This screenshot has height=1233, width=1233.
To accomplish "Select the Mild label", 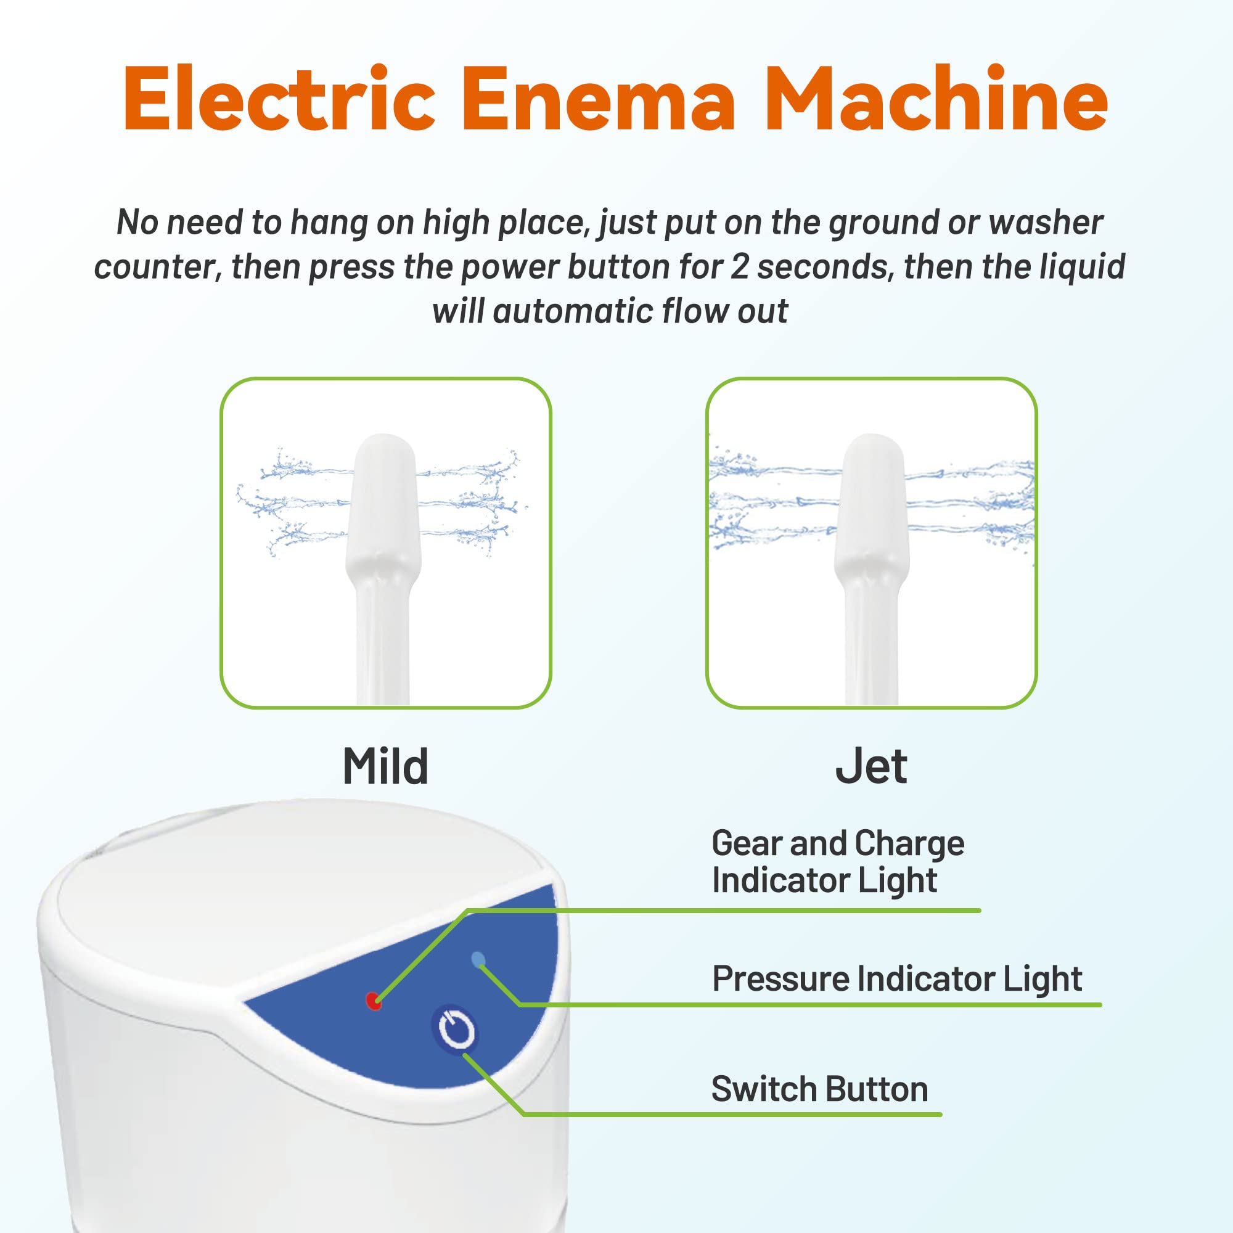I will tap(385, 766).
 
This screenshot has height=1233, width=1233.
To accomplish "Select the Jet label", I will tap(871, 766).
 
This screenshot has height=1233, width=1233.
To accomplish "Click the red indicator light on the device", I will tap(374, 1001).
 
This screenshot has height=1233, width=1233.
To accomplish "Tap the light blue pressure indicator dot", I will tap(477, 959).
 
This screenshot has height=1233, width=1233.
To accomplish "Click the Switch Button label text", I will tap(819, 1089).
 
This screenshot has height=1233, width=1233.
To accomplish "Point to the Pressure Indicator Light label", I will tap(896, 979).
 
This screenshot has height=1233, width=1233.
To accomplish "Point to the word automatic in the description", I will tap(573, 311).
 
